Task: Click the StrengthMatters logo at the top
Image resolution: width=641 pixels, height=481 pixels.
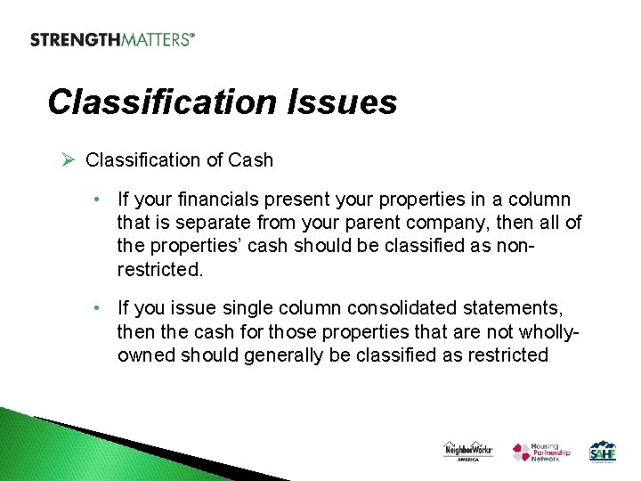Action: (112, 39)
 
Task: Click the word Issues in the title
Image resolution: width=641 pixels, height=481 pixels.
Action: (343, 102)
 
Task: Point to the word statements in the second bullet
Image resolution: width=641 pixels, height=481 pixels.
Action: (513, 308)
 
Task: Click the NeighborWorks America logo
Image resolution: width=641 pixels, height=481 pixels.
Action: (468, 451)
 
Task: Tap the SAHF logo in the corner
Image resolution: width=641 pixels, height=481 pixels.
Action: (604, 451)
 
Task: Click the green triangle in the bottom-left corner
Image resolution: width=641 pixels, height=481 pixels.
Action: (36, 450)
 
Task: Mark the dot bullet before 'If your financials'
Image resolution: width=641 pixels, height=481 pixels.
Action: (104, 200)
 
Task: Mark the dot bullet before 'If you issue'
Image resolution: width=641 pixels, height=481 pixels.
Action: (104, 308)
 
